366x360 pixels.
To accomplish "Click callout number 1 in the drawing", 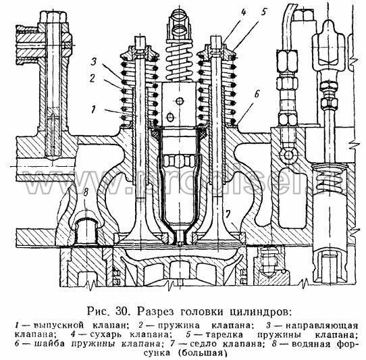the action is coord(94,109).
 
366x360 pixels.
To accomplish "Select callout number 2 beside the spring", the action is coord(93,78).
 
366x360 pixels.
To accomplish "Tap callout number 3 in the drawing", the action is coord(94,62).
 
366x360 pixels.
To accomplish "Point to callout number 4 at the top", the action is coord(243,12).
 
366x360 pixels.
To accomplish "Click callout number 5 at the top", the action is coord(263,12).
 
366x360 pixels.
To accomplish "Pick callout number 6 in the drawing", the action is coord(257,94).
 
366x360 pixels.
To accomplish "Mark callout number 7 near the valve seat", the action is coord(228,213).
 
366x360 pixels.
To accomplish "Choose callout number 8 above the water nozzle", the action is coord(86,193).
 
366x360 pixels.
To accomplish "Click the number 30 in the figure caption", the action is coord(122,311).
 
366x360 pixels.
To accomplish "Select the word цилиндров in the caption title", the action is coord(259,312).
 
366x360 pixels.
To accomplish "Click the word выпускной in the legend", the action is coord(59,326).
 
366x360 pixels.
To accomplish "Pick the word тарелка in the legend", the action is coord(224,335).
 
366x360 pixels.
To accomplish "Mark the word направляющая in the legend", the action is coord(322,326).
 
